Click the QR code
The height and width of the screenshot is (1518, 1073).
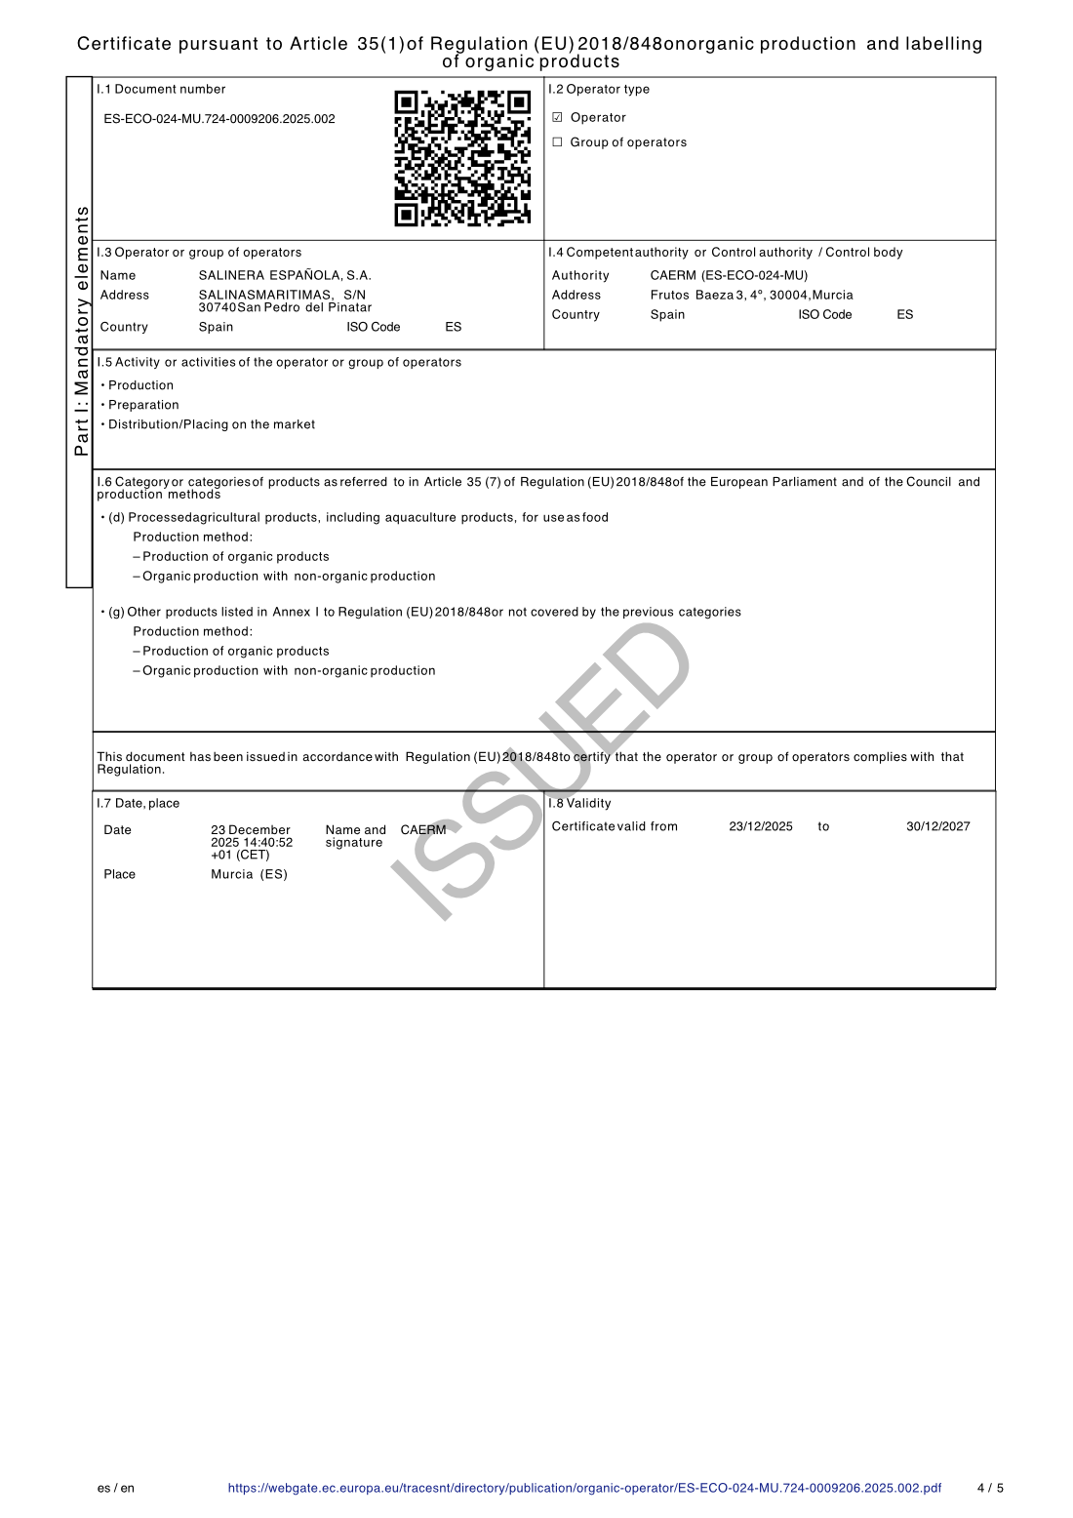(462, 158)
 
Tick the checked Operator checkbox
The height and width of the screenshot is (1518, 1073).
(558, 118)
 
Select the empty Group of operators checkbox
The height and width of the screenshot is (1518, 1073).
(558, 142)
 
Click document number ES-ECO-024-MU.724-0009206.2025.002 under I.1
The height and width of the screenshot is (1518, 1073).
(219, 119)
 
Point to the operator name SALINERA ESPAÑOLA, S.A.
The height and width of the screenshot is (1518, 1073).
(285, 276)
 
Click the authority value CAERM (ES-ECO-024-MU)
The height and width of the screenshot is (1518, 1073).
(729, 276)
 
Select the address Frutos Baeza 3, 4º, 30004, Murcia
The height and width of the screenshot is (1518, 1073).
(751, 296)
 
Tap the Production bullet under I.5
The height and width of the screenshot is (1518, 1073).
(140, 386)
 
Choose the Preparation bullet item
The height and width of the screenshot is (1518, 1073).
(143, 406)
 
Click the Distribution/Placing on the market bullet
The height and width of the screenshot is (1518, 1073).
(212, 425)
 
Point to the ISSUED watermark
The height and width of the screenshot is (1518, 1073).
(541, 771)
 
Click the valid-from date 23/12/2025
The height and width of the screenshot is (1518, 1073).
(761, 827)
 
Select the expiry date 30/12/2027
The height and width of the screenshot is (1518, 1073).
(937, 827)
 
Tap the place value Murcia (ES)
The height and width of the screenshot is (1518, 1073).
(249, 875)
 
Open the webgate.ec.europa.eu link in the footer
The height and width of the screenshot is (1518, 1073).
(584, 1489)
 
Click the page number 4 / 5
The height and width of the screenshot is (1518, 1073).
(990, 1489)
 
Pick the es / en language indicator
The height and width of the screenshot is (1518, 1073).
(116, 1489)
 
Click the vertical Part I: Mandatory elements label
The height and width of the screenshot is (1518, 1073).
(82, 332)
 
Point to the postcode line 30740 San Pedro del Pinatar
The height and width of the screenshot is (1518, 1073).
(285, 308)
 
